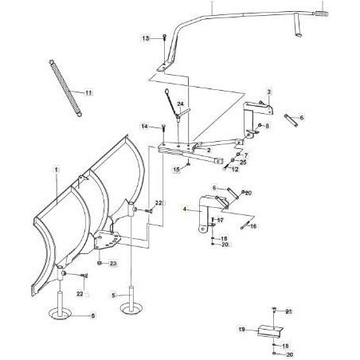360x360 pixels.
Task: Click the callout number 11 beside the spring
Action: (x=88, y=93)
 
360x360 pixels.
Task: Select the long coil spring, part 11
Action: (x=65, y=88)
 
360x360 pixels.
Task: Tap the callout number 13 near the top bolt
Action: (x=146, y=38)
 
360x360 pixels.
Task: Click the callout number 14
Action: (x=144, y=126)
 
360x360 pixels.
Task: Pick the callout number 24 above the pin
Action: (x=181, y=104)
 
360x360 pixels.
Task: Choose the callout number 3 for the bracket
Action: (x=269, y=92)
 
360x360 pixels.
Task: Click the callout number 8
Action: (x=267, y=125)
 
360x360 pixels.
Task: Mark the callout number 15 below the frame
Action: (x=177, y=170)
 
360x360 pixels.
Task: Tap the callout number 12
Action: (x=235, y=169)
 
